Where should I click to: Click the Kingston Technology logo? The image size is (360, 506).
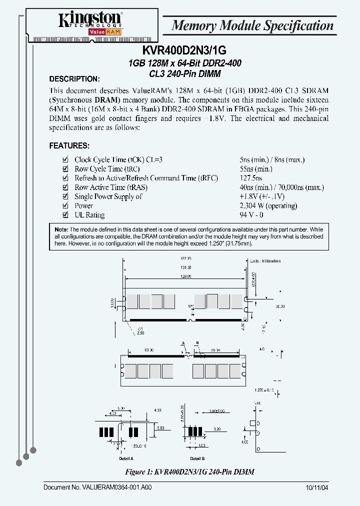point(90,23)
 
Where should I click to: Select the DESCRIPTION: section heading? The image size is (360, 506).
point(74,79)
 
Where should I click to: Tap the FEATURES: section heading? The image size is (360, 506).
point(69,146)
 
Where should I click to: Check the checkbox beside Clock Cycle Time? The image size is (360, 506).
point(65,160)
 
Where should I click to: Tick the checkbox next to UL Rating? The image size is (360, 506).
point(65,215)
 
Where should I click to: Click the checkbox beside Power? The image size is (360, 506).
point(65,206)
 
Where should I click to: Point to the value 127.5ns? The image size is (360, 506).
point(251,178)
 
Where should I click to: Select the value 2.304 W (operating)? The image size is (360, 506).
point(268,206)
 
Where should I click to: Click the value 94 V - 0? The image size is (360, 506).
point(251,215)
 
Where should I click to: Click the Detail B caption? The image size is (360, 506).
point(197,458)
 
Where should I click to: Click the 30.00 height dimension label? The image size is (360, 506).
point(280,306)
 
